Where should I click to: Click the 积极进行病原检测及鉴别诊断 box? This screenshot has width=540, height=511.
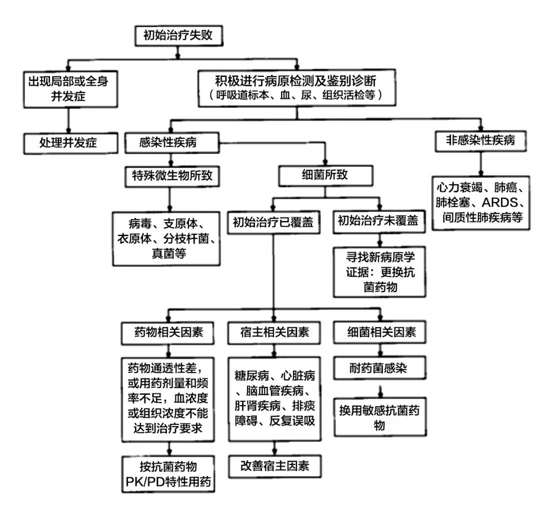click(x=297, y=88)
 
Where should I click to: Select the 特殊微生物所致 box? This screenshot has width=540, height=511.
click(x=172, y=176)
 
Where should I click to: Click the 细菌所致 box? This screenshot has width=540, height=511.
click(x=325, y=176)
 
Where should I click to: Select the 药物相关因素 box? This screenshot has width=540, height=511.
click(x=170, y=333)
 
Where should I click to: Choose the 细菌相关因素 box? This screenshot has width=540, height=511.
click(x=381, y=333)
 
